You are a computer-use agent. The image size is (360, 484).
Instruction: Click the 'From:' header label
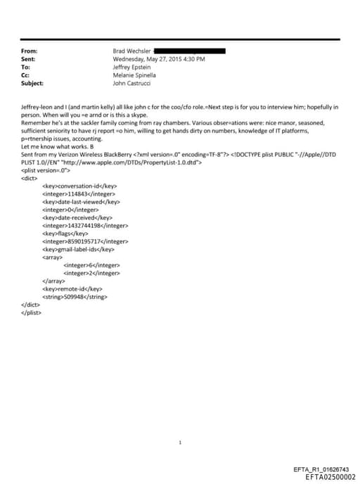coord(30,51)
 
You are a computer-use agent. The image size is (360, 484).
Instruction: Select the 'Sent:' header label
coord(30,59)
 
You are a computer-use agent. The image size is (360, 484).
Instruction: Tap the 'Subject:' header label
coord(32,83)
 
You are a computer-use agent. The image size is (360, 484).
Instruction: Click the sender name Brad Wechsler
coord(131,51)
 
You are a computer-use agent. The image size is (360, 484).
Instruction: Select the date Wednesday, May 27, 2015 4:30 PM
coord(159,59)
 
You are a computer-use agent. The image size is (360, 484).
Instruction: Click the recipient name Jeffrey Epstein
coord(131,67)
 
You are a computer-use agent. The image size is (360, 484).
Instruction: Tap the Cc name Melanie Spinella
coord(134,75)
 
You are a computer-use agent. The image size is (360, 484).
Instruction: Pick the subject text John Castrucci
coord(132,83)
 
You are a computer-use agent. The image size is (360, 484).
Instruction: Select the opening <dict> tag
coord(30,177)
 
